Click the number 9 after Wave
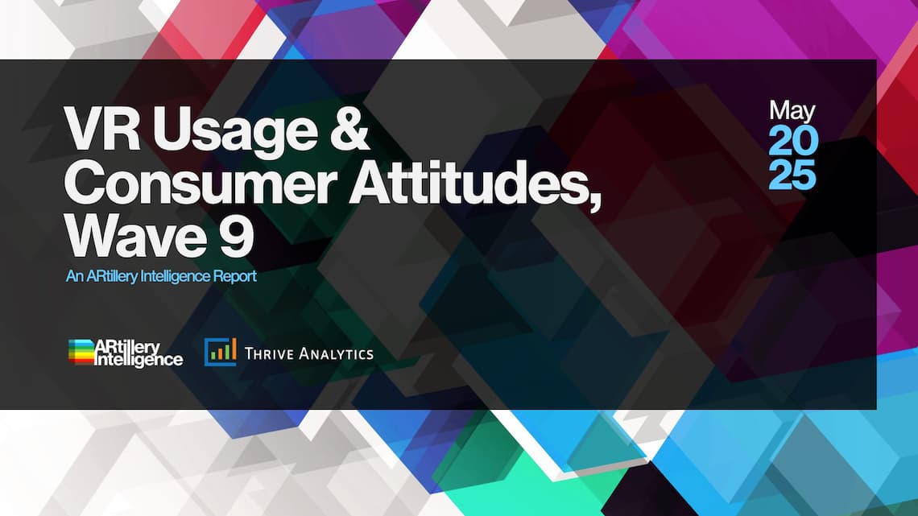click(237, 236)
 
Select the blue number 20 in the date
click(792, 141)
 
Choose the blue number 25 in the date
click(792, 175)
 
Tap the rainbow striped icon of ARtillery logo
click(81, 353)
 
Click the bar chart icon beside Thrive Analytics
click(220, 353)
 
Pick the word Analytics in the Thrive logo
click(336, 353)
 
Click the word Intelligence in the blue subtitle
click(173, 277)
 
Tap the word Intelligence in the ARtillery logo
click(139, 360)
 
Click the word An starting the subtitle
click(74, 276)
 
